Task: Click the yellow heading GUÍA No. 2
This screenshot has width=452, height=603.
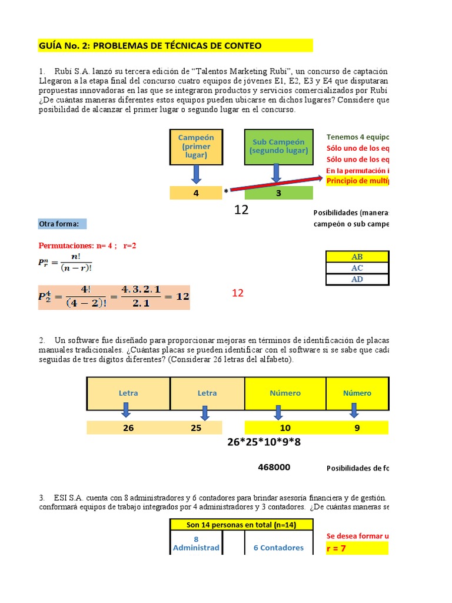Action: tap(150, 46)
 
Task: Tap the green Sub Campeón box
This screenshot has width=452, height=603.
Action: tap(278, 146)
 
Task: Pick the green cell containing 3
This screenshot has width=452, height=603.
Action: tap(279, 192)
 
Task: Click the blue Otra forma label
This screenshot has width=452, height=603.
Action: tap(62, 224)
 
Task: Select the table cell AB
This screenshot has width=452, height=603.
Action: tap(357, 257)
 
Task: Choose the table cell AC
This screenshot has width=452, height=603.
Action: tap(357, 268)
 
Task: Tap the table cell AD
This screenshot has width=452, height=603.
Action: tap(357, 279)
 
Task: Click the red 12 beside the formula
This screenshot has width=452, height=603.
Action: tap(237, 293)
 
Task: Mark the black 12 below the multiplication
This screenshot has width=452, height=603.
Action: tap(241, 210)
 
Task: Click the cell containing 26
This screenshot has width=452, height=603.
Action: tap(128, 428)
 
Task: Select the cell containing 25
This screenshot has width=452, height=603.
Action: tap(196, 428)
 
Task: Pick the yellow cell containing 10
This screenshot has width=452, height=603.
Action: tap(285, 428)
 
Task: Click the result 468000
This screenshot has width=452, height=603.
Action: tap(274, 467)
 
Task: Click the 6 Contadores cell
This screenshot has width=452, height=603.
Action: tap(278, 548)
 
